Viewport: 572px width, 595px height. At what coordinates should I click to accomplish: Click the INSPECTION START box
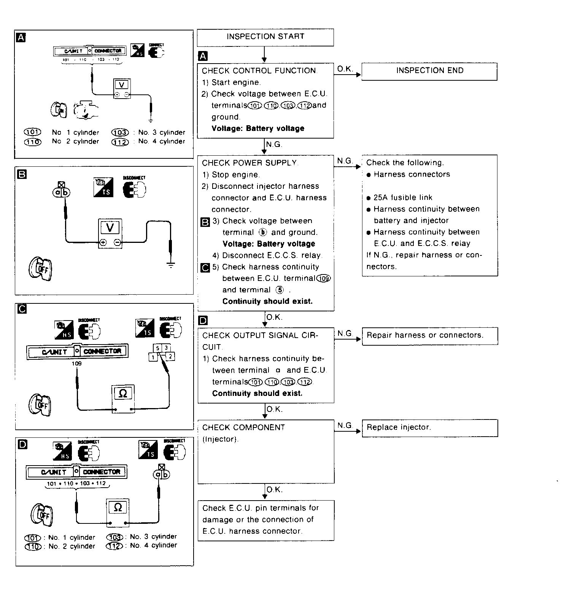pyautogui.click(x=265, y=37)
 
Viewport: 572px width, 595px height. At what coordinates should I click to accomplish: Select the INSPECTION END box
pyautogui.click(x=429, y=71)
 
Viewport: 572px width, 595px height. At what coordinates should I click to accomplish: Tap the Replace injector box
pyautogui.click(x=429, y=428)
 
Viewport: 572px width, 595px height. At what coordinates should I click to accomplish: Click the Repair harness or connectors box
pyautogui.click(x=429, y=336)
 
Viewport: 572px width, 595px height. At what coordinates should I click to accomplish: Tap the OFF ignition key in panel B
pyautogui.click(x=39, y=269)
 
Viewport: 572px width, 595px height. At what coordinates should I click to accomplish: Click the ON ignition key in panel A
pyautogui.click(x=59, y=110)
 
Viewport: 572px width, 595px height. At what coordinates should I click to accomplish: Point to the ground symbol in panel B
pyautogui.click(x=171, y=265)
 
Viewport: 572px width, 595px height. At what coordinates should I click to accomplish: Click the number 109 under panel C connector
pyautogui.click(x=76, y=364)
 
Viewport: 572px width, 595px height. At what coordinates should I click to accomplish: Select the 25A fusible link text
pyautogui.click(x=403, y=198)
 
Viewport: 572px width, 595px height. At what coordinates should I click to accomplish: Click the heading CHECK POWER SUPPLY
pyautogui.click(x=249, y=163)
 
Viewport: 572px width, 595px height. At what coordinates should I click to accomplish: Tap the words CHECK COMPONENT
pyautogui.click(x=243, y=428)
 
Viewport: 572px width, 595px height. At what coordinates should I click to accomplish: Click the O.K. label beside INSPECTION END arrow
pyautogui.click(x=345, y=69)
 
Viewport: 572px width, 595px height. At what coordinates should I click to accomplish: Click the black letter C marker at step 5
pyautogui.click(x=205, y=268)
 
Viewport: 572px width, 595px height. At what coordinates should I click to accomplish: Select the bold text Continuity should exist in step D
pyautogui.click(x=257, y=394)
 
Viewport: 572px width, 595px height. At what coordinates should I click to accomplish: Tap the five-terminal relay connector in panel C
pyautogui.click(x=161, y=352)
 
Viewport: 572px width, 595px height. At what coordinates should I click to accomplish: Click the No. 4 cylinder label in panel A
pyautogui.click(x=161, y=142)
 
